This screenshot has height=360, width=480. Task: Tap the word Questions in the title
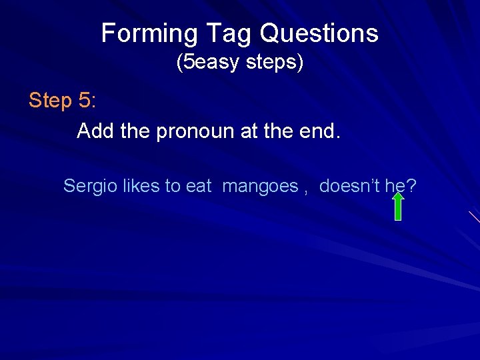coord(319,33)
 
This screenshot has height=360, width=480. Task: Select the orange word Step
coord(50,101)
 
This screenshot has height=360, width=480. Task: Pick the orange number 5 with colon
coord(87,101)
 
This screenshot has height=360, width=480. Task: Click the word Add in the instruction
coord(95,131)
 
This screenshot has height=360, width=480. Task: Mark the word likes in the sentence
coord(141,186)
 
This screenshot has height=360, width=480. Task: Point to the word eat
coord(199,186)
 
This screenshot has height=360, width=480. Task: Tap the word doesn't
coord(350,186)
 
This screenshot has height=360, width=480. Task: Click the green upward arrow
coord(397,207)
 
